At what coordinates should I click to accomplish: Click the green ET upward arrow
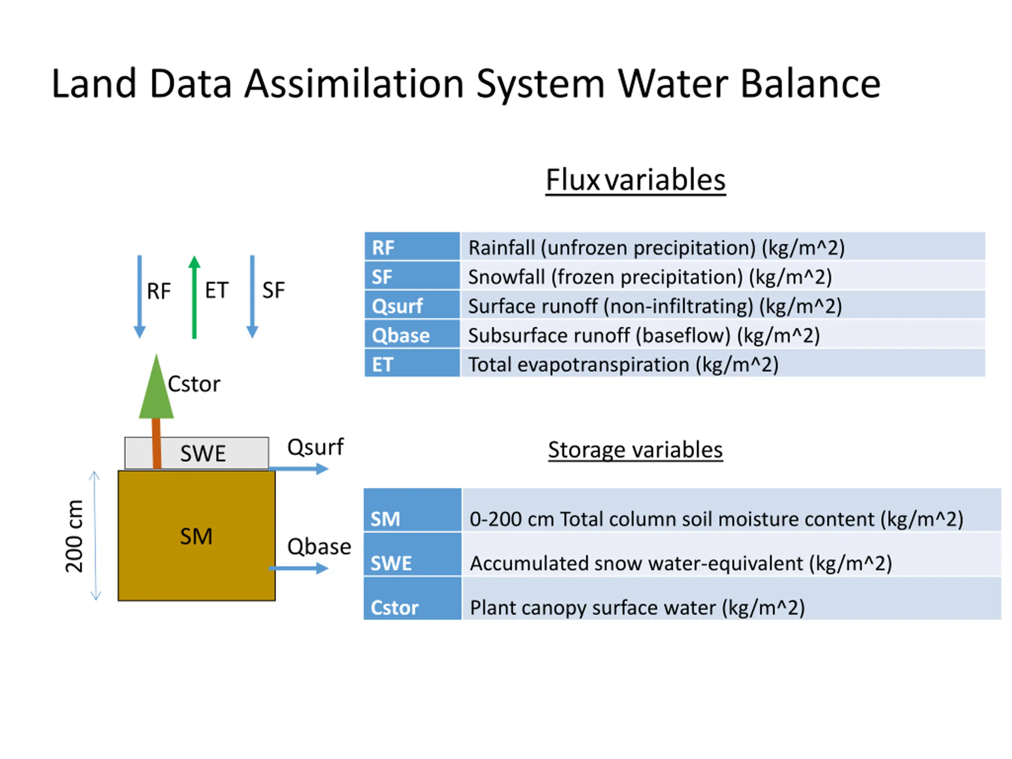(194, 297)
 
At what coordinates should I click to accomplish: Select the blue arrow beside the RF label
(140, 297)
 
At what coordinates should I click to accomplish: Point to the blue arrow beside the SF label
(252, 297)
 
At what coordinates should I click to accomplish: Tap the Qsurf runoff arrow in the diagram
(298, 468)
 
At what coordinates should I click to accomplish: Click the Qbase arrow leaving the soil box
(298, 568)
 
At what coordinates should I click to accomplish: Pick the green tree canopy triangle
(157, 386)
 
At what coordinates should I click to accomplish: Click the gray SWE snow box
(197, 453)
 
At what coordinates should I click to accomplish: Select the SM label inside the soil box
(196, 536)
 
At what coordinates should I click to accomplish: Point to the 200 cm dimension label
(74, 536)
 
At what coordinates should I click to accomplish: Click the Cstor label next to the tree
(194, 384)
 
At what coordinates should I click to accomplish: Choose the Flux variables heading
(636, 180)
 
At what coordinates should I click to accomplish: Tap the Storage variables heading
(636, 450)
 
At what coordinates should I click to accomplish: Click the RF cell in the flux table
(412, 247)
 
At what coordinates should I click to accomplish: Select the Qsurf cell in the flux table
(412, 305)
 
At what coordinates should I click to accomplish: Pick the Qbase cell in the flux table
(412, 334)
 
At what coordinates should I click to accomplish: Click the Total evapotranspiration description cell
(723, 364)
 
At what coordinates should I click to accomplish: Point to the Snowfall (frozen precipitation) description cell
(723, 276)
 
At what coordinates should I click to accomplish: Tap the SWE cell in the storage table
(412, 554)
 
